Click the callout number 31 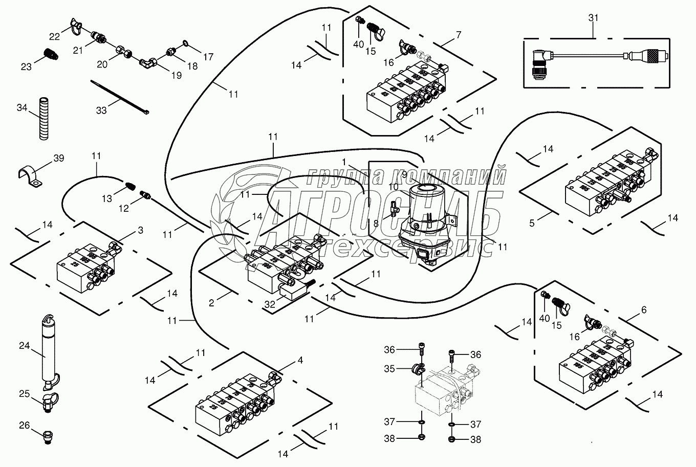(x=593, y=17)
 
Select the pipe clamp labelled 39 (x=29, y=176)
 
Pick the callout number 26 (x=24, y=425)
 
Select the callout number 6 (x=643, y=310)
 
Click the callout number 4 (x=300, y=360)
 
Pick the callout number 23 (x=26, y=66)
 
